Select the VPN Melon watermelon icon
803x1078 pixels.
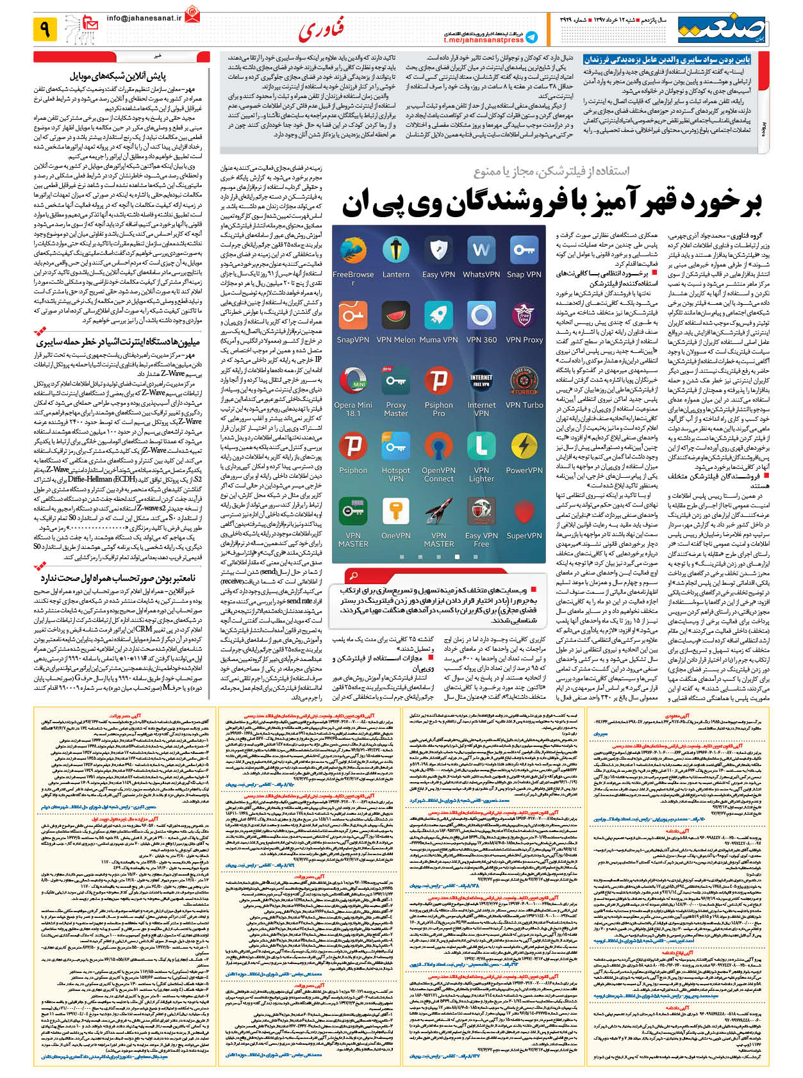pos(395,314)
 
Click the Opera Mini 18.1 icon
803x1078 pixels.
pos(353,379)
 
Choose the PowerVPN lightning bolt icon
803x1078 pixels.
pos(524,446)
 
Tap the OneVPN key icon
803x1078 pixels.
pos(395,511)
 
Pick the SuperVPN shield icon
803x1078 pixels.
pos(524,511)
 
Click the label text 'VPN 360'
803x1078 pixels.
pos(481,340)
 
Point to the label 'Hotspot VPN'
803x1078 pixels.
pos(395,475)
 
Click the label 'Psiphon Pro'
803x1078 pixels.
pos(438,409)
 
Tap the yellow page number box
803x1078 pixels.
pos(45,29)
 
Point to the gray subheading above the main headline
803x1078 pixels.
pos(551,171)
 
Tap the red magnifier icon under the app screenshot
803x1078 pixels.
pos(352,575)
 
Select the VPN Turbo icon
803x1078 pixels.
pos(524,379)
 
